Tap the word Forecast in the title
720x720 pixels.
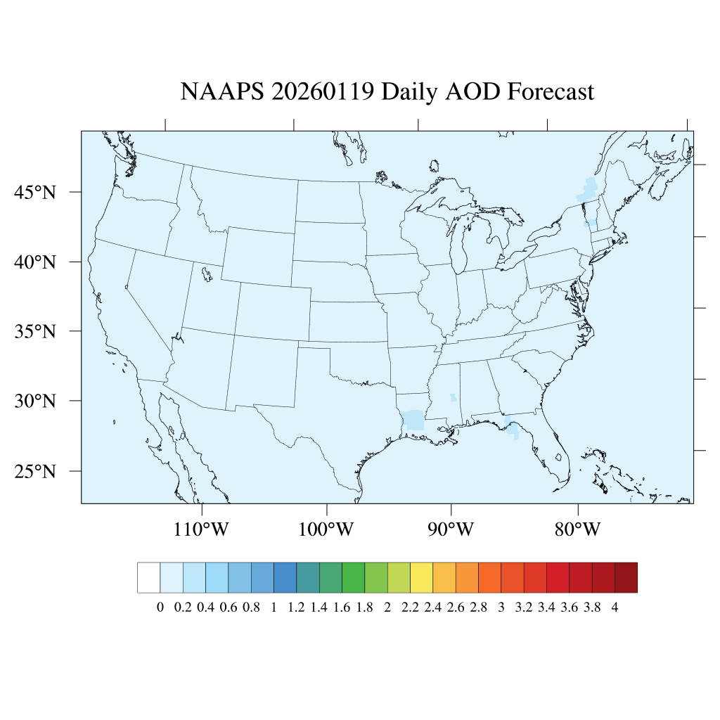551,92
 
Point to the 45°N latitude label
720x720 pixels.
34,192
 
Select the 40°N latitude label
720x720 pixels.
34,262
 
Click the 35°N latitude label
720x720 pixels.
34,331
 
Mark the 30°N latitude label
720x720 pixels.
34,401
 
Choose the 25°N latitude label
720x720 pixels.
34,470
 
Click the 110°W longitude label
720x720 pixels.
201,529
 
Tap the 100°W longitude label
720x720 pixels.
327,529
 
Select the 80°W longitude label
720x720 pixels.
577,529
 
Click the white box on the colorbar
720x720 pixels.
149,578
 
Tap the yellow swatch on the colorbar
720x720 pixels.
421,578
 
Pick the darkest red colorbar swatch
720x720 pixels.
626,578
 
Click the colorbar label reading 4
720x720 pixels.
615,608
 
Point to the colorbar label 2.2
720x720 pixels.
410,608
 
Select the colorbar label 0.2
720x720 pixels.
183,608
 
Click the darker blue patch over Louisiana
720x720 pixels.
413,420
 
